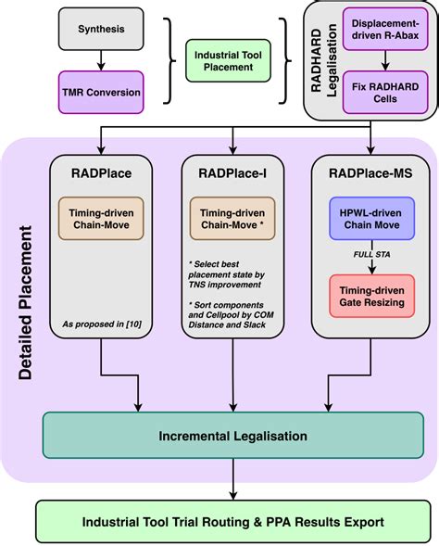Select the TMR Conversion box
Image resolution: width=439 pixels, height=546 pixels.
tap(101, 92)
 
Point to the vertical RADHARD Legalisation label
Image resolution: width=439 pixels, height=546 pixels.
tap(320, 60)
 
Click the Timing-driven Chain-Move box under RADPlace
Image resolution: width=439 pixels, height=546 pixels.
tap(102, 219)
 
